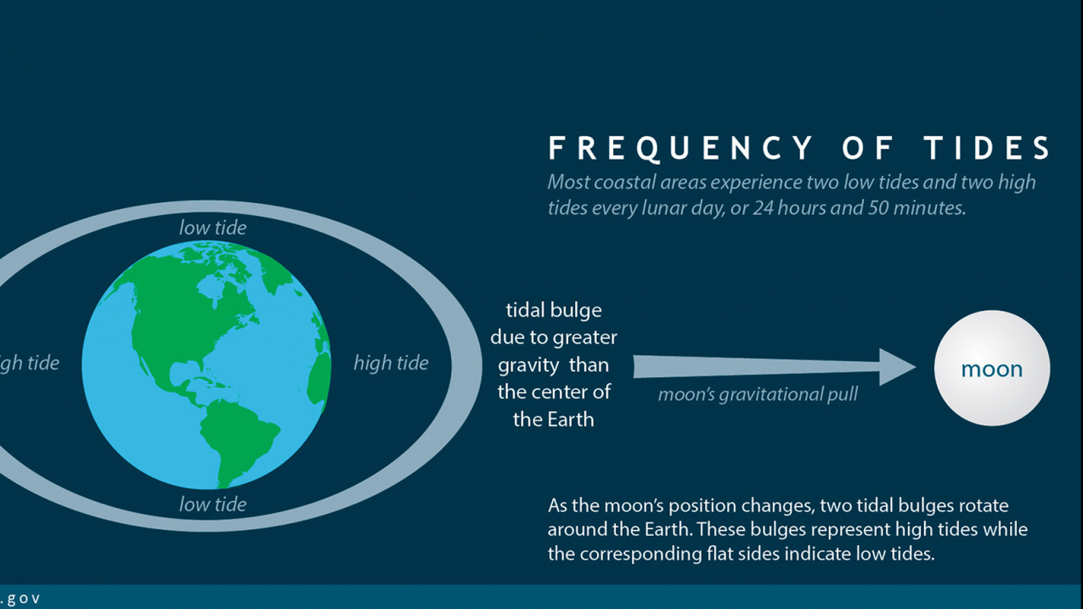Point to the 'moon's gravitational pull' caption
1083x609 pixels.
pyautogui.click(x=758, y=394)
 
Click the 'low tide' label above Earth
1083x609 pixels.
pyautogui.click(x=212, y=228)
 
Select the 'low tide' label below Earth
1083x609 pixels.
pyautogui.click(x=212, y=504)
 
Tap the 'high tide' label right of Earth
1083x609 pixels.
pyautogui.click(x=391, y=363)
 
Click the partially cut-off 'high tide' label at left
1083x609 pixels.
pyautogui.click(x=30, y=363)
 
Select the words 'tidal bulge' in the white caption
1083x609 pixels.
pyautogui.click(x=554, y=310)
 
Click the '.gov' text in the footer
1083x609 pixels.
pyautogui.click(x=20, y=598)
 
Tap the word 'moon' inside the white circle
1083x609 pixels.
pyautogui.click(x=991, y=369)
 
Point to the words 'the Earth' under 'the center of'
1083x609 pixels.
pyautogui.click(x=554, y=419)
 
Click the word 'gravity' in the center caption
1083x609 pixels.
pyautogui.click(x=528, y=364)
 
